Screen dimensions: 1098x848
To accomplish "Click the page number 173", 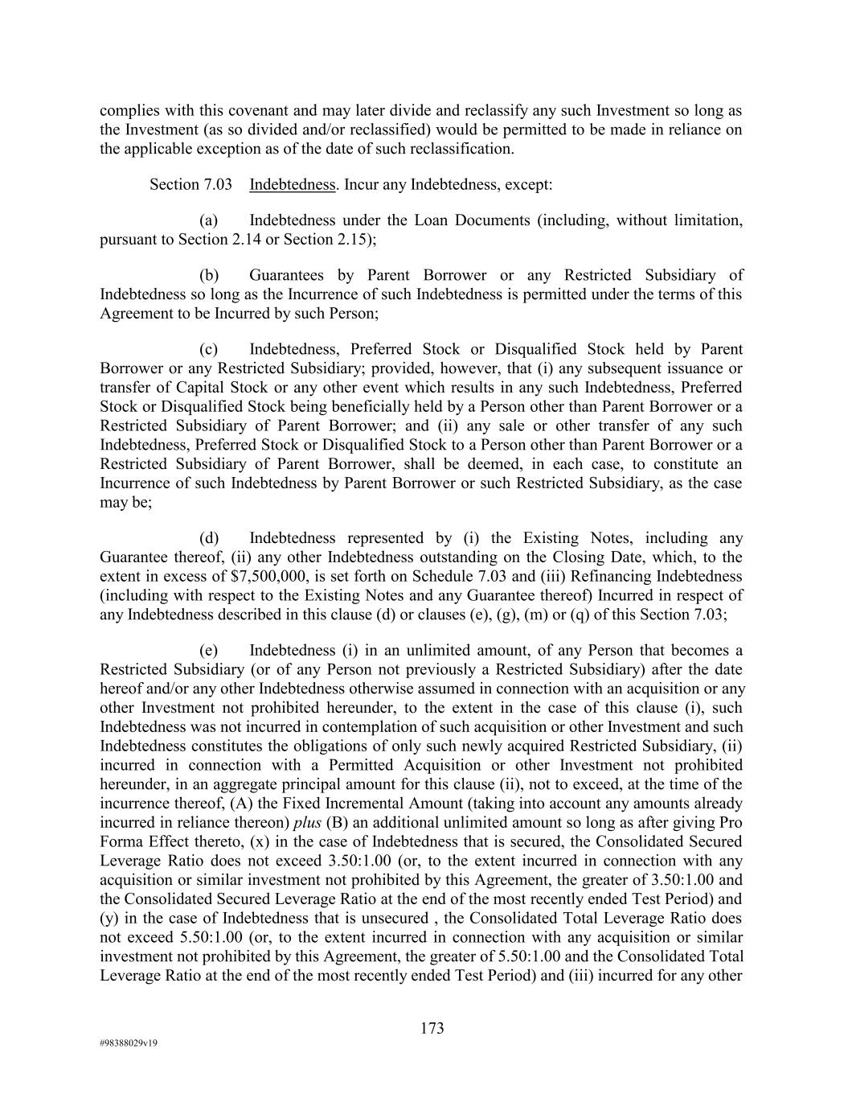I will [x=432, y=1028].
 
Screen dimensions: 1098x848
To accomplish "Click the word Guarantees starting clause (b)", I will [x=287, y=275].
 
